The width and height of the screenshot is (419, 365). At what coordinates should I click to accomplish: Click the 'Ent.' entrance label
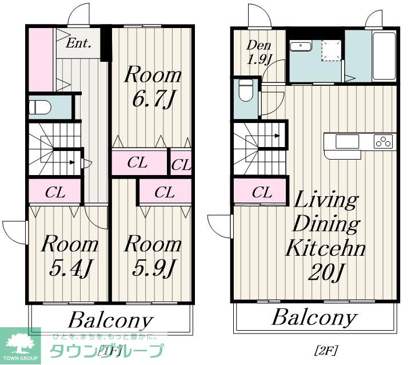point(78,43)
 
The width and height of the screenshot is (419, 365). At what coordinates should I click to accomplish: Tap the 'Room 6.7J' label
point(153,87)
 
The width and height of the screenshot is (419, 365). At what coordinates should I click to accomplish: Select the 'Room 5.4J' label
point(70,256)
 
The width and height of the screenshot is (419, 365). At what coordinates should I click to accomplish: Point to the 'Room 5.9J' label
point(153,256)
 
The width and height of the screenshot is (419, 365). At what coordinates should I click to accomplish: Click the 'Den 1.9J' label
point(258,53)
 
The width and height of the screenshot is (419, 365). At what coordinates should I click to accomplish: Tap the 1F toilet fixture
point(39,106)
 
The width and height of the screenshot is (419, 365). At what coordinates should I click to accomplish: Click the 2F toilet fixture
point(246,90)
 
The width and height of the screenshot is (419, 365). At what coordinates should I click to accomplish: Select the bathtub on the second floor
point(384,56)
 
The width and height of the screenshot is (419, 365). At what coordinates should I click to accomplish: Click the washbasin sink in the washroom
point(301,46)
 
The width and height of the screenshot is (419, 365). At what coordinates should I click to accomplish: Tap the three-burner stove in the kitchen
point(384,141)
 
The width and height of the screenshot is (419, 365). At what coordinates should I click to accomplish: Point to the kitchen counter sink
point(347,141)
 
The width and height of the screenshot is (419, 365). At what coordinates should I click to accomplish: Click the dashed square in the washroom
point(332,50)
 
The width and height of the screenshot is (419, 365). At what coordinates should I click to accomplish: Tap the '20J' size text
point(325,272)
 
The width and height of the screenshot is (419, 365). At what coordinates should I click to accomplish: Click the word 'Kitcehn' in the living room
point(325,248)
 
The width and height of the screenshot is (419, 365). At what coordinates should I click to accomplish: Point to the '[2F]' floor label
point(325,350)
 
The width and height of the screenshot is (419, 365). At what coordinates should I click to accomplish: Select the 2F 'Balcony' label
point(314,317)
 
